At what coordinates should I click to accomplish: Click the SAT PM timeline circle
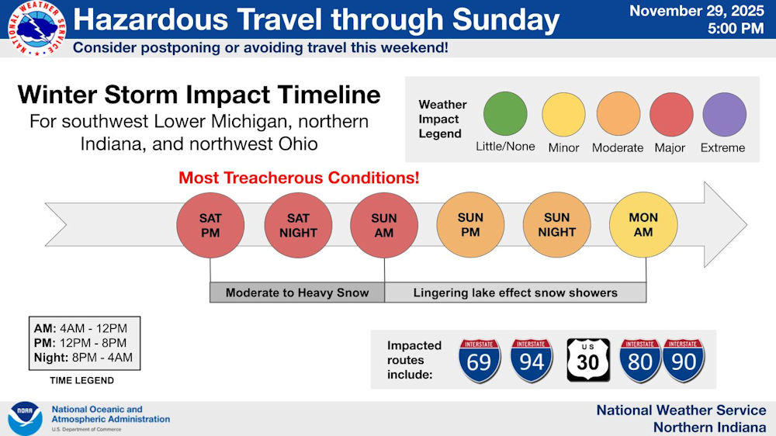(210, 225)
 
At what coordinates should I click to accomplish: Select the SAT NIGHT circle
(298, 225)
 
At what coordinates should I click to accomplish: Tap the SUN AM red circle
(384, 225)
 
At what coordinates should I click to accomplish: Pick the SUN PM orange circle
(470, 225)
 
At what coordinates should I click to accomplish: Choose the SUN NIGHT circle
(556, 225)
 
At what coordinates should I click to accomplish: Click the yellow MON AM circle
(643, 225)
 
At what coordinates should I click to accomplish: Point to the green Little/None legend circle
(505, 113)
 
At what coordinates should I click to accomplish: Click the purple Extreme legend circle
(725, 114)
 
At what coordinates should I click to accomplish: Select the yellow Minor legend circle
(563, 114)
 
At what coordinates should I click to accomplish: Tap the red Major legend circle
(671, 114)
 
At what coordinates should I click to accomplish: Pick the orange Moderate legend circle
(618, 113)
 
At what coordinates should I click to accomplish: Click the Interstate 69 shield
(479, 360)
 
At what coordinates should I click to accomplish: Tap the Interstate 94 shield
(532, 360)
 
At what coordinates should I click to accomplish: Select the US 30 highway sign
(588, 360)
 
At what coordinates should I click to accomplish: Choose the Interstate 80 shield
(640, 360)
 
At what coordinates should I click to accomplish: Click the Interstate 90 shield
(684, 360)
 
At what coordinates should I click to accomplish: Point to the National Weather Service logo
(37, 28)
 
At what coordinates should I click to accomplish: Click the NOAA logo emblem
(26, 418)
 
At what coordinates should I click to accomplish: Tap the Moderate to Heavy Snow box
(297, 292)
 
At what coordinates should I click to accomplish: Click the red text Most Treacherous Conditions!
(299, 178)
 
